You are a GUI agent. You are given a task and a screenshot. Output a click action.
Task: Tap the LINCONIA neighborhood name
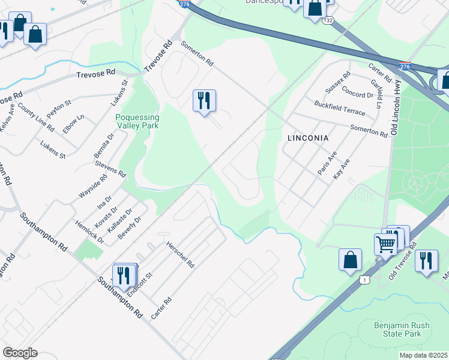(308, 138)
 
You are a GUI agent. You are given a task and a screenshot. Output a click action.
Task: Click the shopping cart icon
(385, 244)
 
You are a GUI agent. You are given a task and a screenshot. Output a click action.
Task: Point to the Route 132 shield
(327, 20)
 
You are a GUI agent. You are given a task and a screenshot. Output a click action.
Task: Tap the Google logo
(20, 353)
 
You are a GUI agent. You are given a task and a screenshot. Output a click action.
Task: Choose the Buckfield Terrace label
(339, 109)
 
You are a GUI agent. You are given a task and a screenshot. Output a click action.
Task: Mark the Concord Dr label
(357, 94)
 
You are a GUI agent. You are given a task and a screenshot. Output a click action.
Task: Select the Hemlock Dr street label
(89, 230)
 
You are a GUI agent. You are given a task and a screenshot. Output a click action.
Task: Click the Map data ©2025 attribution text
(423, 355)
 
